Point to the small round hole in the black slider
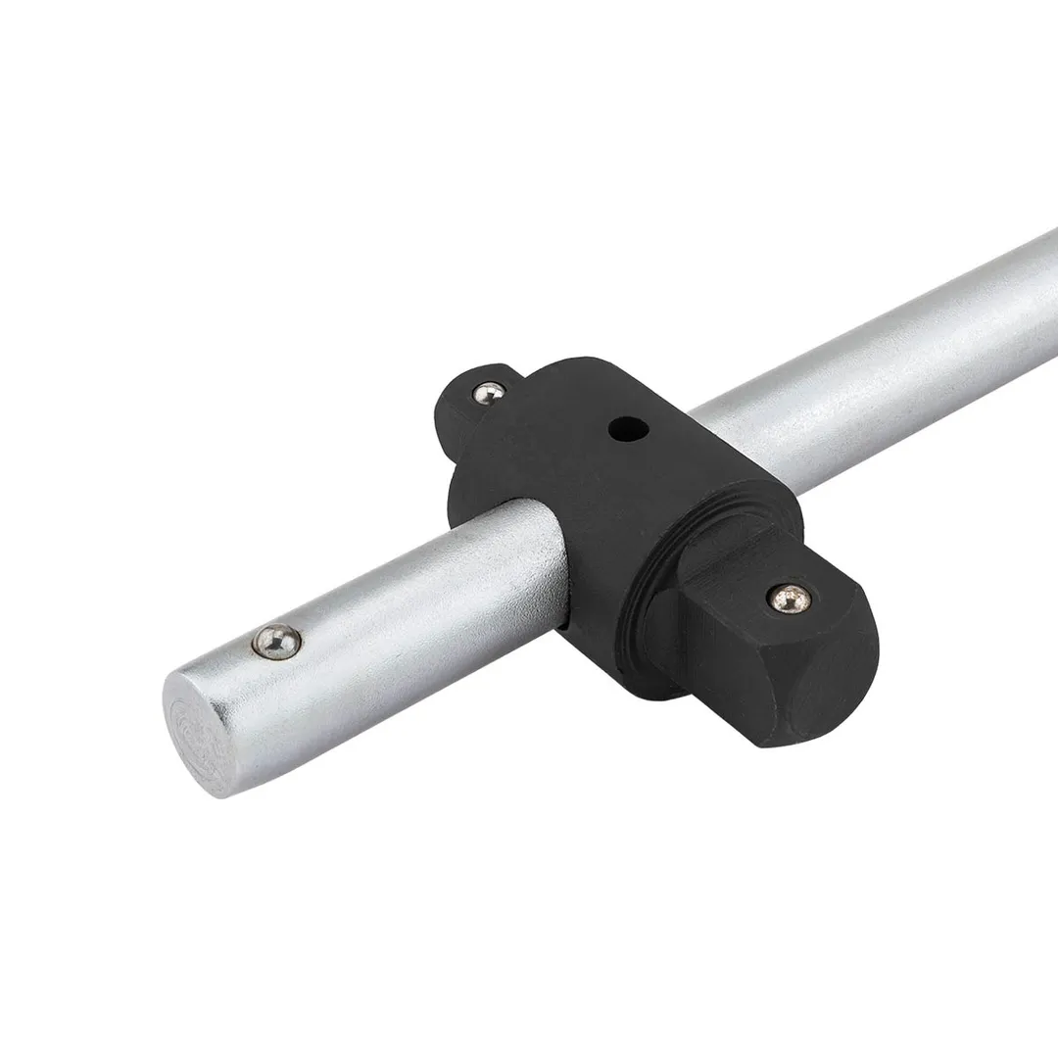point(619,428)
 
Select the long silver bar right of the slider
point(882,343)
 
